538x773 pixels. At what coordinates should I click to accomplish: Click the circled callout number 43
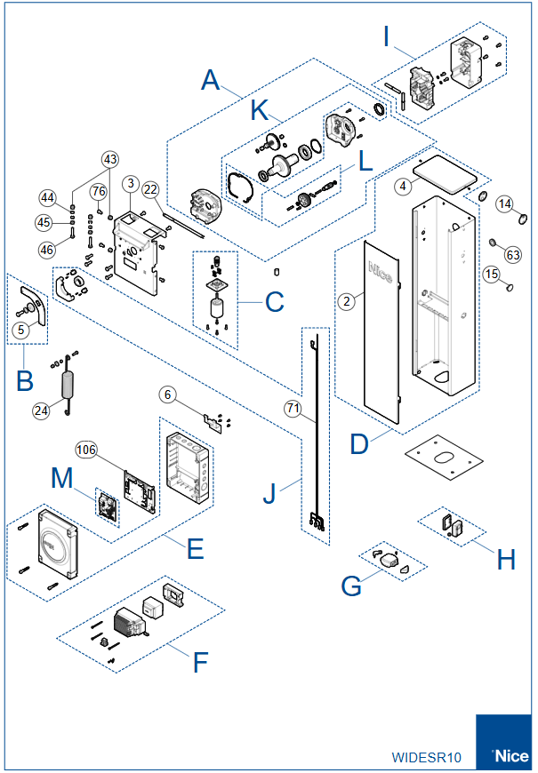(109, 159)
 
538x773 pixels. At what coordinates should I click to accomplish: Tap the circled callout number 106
(86, 450)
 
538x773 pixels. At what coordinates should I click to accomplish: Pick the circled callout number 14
(505, 203)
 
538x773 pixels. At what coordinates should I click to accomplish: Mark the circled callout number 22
(150, 189)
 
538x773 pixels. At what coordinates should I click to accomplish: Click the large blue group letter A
(210, 81)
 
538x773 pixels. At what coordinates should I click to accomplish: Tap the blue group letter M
(60, 478)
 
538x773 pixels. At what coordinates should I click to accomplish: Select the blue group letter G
(351, 586)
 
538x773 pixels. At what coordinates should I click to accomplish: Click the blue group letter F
(201, 662)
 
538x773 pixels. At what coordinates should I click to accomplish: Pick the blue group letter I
(387, 36)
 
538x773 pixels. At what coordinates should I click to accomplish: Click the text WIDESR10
(427, 758)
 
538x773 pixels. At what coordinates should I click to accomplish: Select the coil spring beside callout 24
(65, 386)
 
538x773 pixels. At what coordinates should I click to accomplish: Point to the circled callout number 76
(98, 191)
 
